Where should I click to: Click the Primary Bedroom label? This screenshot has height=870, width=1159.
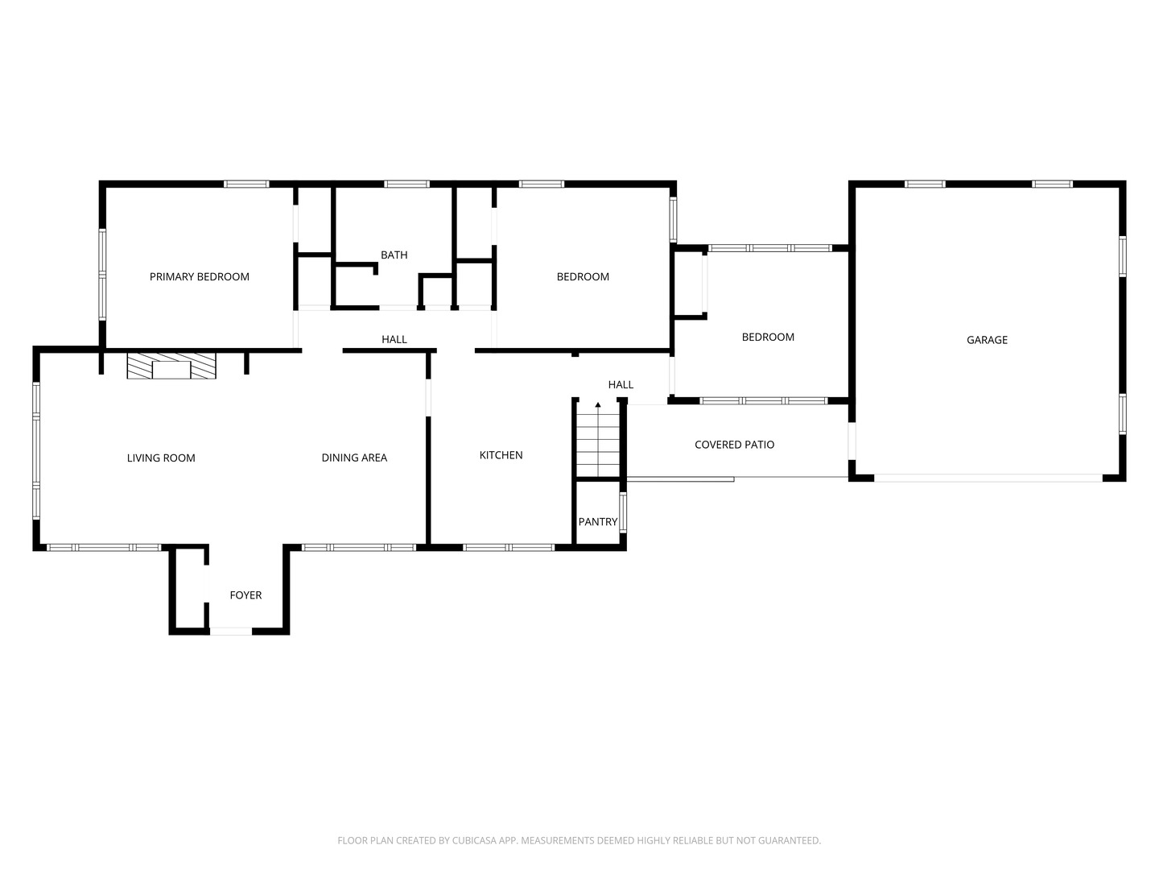tap(200, 276)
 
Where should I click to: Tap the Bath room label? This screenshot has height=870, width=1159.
tap(394, 255)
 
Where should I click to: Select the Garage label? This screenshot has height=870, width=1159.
tap(987, 340)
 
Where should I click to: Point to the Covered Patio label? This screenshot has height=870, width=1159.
tap(734, 445)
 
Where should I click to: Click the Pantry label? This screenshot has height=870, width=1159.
tap(598, 522)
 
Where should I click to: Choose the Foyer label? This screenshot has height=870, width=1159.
tap(245, 595)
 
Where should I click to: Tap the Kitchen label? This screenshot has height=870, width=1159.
tap(501, 455)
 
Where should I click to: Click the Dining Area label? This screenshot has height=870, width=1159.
tap(354, 458)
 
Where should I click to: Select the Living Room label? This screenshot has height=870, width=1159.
tap(161, 458)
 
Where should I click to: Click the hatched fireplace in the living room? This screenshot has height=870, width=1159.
tap(171, 366)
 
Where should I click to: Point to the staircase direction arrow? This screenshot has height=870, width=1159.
tap(598, 405)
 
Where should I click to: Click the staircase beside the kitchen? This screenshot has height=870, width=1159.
tap(598, 443)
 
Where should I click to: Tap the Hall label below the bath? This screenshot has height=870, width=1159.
tap(394, 339)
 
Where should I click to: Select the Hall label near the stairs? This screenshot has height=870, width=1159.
tap(621, 384)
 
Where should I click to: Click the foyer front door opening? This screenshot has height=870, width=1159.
tap(231, 631)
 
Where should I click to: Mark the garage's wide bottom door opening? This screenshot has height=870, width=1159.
tap(988, 478)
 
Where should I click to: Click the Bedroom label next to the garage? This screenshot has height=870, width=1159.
tap(768, 337)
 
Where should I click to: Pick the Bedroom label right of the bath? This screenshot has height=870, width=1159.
tap(583, 276)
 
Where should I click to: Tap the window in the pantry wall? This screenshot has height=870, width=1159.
tap(623, 512)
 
